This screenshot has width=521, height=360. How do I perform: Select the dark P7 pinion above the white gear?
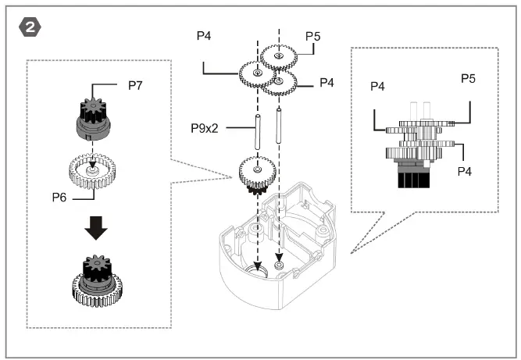(93, 112)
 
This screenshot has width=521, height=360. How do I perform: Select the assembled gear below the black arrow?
(93, 283)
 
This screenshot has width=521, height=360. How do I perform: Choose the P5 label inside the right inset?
(469, 78)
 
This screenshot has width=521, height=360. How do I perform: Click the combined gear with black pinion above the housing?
(256, 173)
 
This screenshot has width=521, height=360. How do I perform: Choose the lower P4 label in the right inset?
(466, 169)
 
